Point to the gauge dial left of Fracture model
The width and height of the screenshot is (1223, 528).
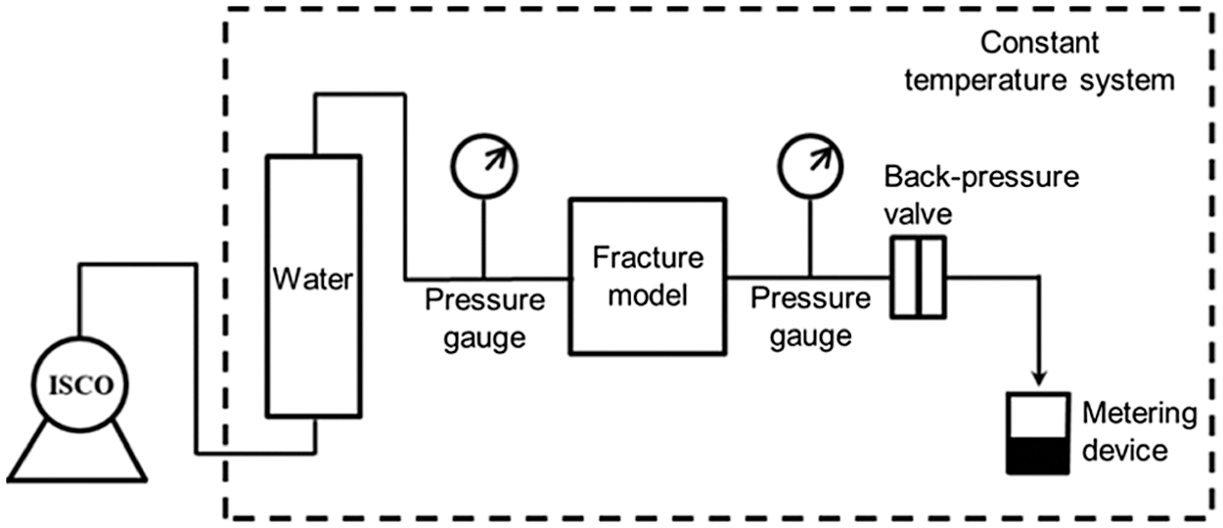tap(482, 158)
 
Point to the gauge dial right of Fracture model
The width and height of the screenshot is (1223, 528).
tap(808, 158)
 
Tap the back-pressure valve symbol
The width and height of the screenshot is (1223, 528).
tap(919, 278)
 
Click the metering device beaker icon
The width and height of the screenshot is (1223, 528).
tap(1037, 435)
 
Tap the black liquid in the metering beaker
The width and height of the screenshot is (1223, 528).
tap(1037, 456)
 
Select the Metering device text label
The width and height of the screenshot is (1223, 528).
tap(1138, 432)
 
